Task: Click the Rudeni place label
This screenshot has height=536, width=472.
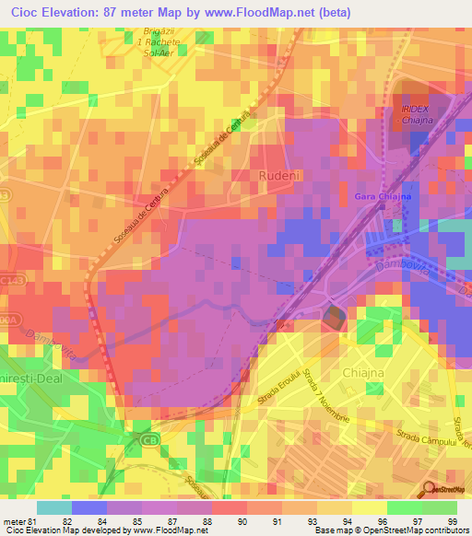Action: pyautogui.click(x=277, y=174)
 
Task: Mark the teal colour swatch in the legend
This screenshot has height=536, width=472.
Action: pyautogui.click(x=53, y=507)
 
